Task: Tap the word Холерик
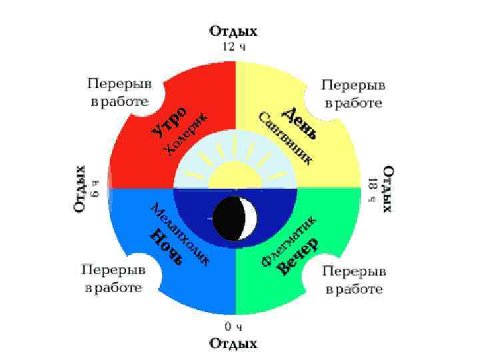[185, 134]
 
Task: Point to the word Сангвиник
[284, 137]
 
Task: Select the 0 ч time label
[233, 327]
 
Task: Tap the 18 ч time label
[372, 189]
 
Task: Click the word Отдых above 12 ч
[233, 31]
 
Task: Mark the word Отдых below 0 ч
[233, 343]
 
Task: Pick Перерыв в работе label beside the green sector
[354, 280]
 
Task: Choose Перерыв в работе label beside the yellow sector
[353, 94]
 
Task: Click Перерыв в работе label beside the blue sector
[113, 279]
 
